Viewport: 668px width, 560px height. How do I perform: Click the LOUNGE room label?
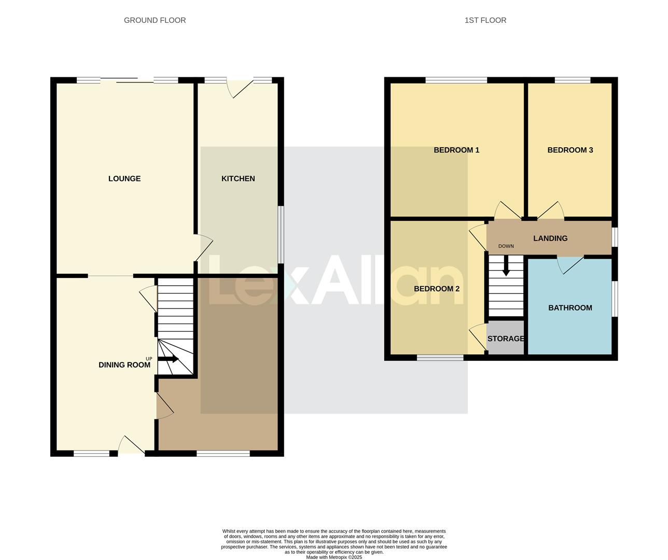(x=124, y=179)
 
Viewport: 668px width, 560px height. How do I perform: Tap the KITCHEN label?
(x=238, y=179)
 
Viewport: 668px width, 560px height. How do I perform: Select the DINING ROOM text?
(x=124, y=365)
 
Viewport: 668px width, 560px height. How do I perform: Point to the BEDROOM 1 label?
(x=456, y=150)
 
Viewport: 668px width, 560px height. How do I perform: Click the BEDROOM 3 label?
(x=570, y=150)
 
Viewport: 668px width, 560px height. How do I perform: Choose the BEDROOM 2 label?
(x=437, y=289)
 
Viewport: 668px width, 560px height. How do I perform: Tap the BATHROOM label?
(x=570, y=308)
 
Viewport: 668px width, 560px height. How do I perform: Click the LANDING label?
(x=550, y=239)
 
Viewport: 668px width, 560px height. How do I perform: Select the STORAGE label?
(x=506, y=339)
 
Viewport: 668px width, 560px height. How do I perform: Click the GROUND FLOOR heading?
(x=155, y=20)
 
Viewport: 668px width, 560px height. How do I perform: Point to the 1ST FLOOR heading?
(x=485, y=20)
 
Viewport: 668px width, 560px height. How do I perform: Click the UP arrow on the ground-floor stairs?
(x=168, y=359)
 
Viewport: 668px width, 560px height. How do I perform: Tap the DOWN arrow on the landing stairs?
(x=506, y=268)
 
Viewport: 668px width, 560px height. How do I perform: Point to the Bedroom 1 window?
(x=456, y=80)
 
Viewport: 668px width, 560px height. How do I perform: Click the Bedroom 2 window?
(x=440, y=358)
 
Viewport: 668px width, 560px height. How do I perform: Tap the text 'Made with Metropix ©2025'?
(x=334, y=557)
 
